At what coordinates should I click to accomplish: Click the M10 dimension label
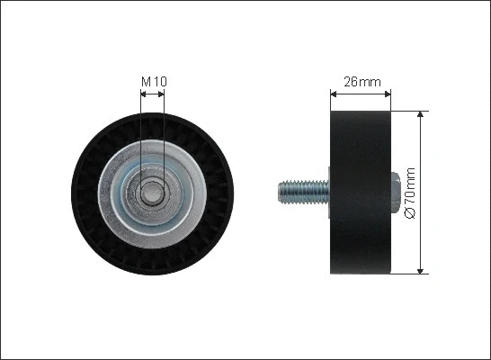(x=154, y=82)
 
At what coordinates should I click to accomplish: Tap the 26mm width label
(x=358, y=81)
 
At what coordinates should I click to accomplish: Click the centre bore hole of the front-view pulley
(x=154, y=192)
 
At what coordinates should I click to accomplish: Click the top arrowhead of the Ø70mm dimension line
(x=421, y=117)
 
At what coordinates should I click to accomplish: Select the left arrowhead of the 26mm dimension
(x=335, y=93)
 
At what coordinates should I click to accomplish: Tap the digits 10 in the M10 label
(x=159, y=82)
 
